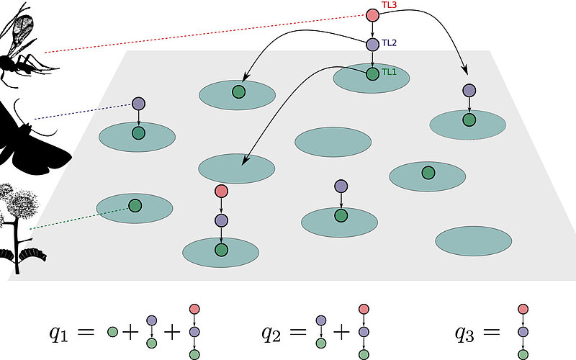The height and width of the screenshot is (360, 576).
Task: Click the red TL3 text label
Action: point(390,5)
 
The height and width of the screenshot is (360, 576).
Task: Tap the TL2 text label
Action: point(389,42)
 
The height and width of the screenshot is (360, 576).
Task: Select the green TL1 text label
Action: point(389,72)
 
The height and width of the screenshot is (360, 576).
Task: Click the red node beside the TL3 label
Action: point(372,14)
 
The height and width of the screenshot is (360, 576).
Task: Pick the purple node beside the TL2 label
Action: point(372,45)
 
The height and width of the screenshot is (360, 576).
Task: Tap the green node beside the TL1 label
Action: point(372,73)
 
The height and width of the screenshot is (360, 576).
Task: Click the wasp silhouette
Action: point(25,50)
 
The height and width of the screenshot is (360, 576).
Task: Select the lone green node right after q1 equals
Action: point(112,333)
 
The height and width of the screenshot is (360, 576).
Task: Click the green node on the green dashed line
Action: point(135,206)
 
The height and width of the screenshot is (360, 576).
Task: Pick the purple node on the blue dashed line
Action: point(138,104)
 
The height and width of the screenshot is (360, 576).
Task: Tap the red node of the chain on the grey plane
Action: point(221,192)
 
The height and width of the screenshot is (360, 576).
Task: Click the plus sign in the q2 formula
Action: point(341,333)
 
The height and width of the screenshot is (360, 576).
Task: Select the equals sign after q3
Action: point(493,333)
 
